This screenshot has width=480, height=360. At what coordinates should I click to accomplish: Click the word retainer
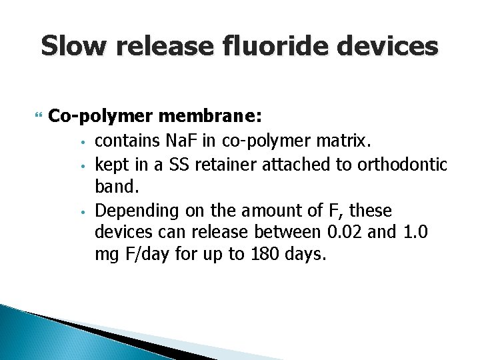pos(229,164)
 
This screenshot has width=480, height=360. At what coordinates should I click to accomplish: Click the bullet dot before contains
pos(81,141)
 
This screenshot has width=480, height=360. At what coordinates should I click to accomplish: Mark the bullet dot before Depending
pos(81,213)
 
